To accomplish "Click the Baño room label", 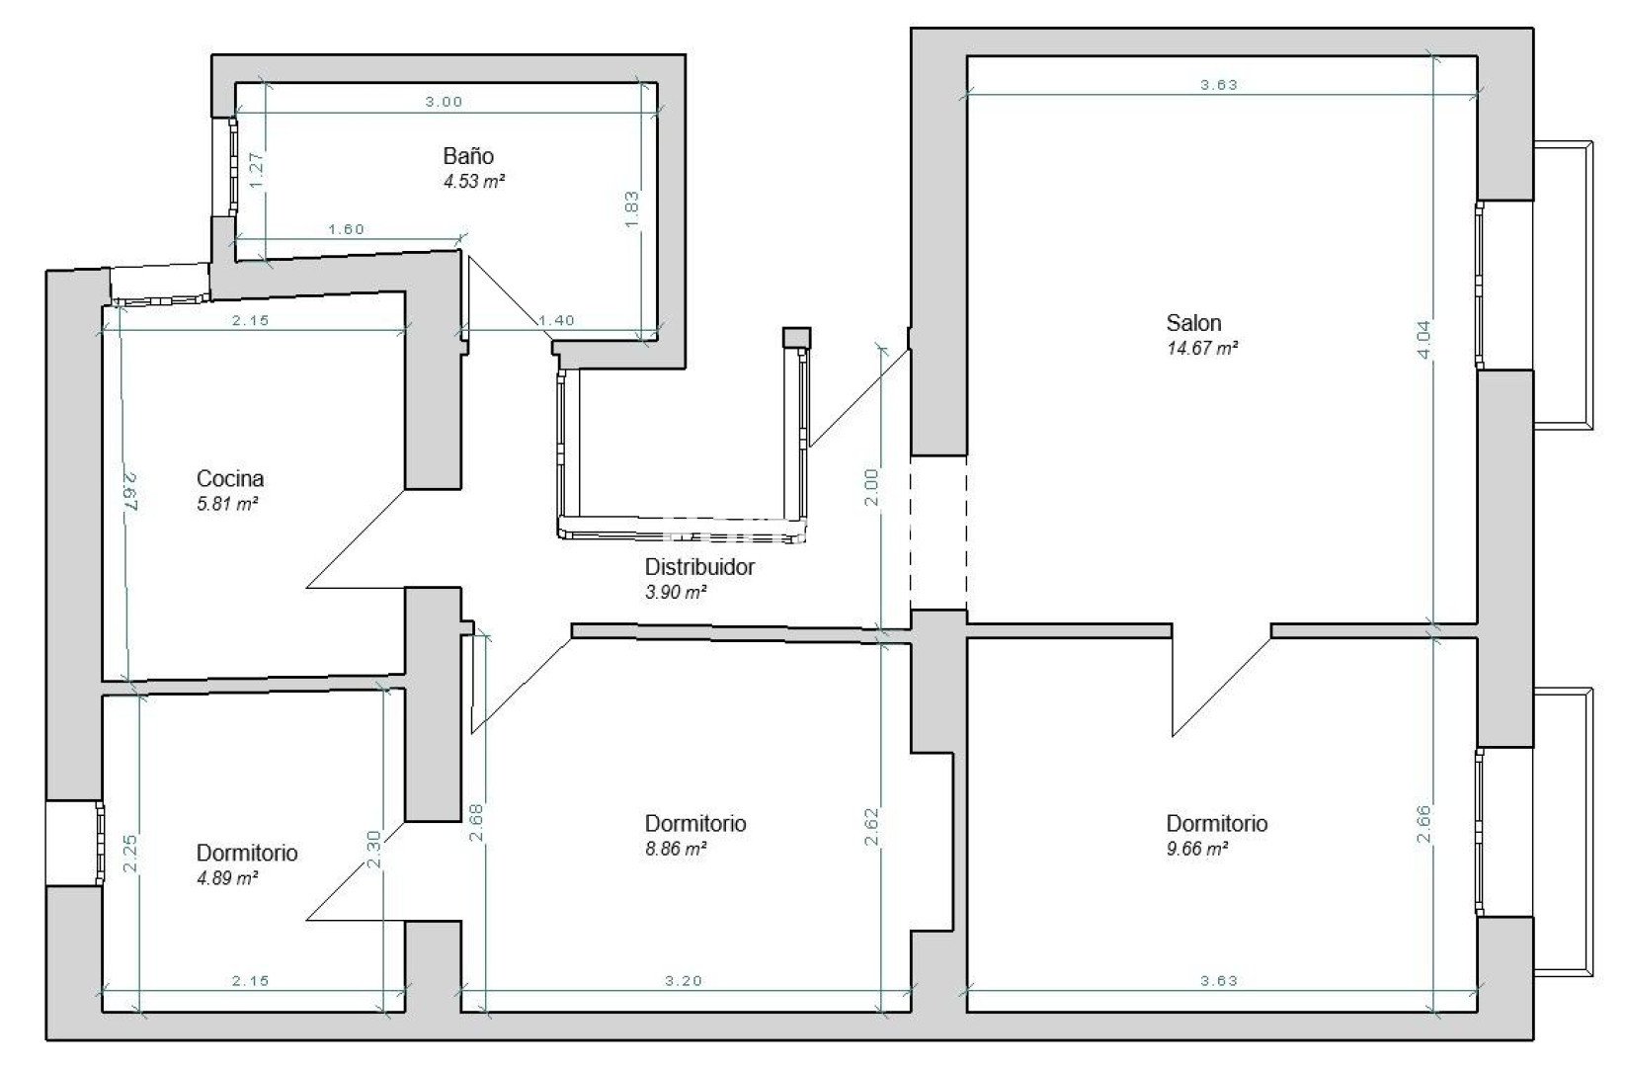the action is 468,156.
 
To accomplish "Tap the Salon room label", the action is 1193,322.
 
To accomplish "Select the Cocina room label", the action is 229,478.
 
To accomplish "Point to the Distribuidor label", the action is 699,567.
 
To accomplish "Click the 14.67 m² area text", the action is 1202,349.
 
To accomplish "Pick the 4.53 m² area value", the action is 474,182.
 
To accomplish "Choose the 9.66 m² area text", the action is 1197,849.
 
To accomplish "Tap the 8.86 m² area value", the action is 676,849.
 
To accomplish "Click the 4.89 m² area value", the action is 227,878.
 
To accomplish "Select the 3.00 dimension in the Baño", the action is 444,102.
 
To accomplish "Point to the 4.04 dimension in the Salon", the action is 1423,339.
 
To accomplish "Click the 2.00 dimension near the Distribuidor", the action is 872,487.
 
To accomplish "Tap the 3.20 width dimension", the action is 684,981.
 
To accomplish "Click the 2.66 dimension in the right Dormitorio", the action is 1423,824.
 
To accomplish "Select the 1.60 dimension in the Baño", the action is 347,229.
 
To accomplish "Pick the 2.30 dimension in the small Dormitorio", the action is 373,850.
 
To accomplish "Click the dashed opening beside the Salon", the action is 938,533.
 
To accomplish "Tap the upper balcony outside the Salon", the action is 1563,286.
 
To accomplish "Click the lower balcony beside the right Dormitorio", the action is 1563,832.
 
